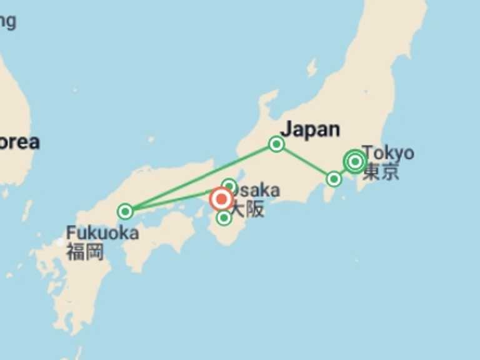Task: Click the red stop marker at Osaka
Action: (x=221, y=199)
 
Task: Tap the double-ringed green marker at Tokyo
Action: (x=355, y=162)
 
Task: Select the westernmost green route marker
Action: (x=126, y=211)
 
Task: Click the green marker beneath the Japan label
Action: (x=276, y=144)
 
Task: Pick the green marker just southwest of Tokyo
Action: (x=334, y=179)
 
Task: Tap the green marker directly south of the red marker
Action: (x=224, y=217)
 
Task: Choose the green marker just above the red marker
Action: (x=229, y=186)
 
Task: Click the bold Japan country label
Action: (x=310, y=129)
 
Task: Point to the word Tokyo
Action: (x=388, y=152)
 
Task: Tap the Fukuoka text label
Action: (x=102, y=233)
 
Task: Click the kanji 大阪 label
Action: (x=249, y=208)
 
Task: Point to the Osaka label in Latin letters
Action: (x=257, y=191)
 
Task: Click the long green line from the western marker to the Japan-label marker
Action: (x=200, y=178)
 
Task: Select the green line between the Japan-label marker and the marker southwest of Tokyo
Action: (x=306, y=162)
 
